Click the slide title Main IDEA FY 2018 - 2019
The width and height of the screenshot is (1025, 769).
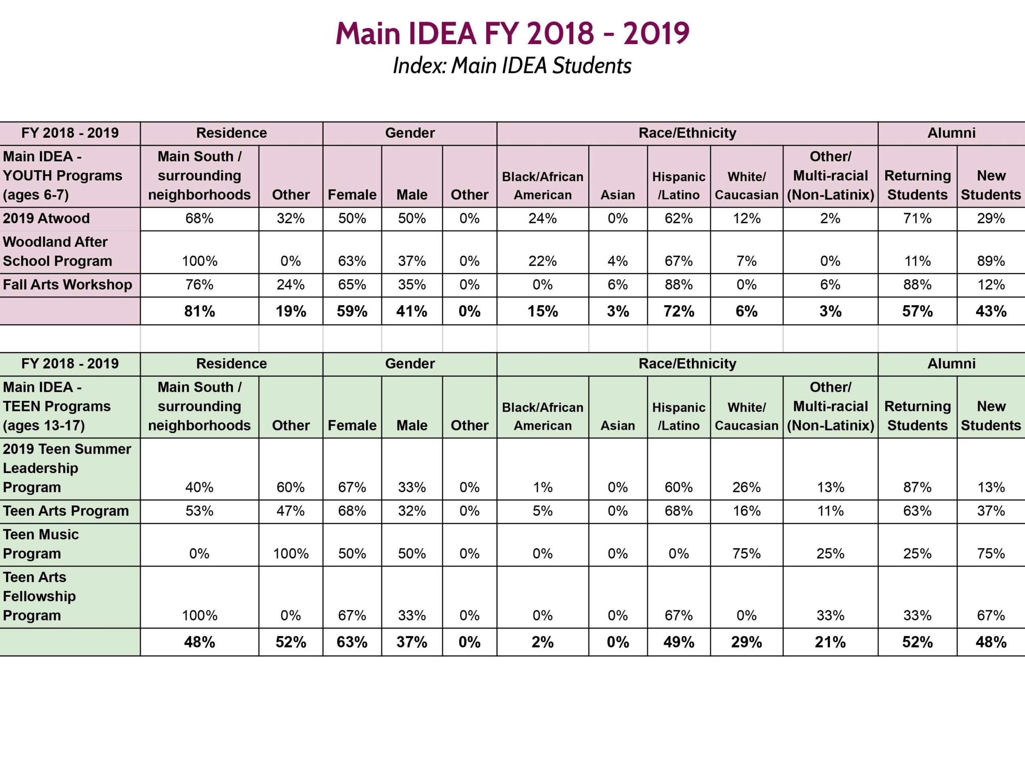click(512, 33)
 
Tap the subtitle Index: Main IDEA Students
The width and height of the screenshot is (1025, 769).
click(512, 65)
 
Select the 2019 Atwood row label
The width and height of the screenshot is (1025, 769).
click(46, 218)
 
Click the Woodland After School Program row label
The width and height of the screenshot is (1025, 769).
click(58, 251)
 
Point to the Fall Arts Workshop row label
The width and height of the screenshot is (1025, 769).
click(68, 285)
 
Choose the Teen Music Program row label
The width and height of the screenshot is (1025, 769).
click(41, 544)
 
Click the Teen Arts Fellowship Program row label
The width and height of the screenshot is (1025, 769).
click(39, 596)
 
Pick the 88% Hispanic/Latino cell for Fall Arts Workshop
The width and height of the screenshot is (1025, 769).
click(678, 285)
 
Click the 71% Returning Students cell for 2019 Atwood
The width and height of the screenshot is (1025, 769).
click(917, 218)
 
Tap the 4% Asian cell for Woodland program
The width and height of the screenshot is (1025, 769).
click(618, 261)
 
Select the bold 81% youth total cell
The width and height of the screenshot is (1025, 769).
click(199, 311)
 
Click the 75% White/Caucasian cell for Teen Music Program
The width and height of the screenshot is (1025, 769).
click(746, 554)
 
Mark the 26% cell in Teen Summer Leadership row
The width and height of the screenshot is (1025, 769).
click(746, 487)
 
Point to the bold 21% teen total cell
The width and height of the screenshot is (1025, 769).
click(830, 642)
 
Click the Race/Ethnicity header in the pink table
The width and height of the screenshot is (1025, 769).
click(687, 133)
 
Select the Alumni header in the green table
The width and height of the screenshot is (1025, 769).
click(951, 363)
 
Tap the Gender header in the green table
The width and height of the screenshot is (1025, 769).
click(410, 363)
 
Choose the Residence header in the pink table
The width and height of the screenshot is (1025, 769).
click(231, 133)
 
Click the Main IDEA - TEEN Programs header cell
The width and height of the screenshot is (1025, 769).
click(56, 406)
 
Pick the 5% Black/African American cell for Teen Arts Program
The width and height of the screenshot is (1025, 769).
click(542, 511)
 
